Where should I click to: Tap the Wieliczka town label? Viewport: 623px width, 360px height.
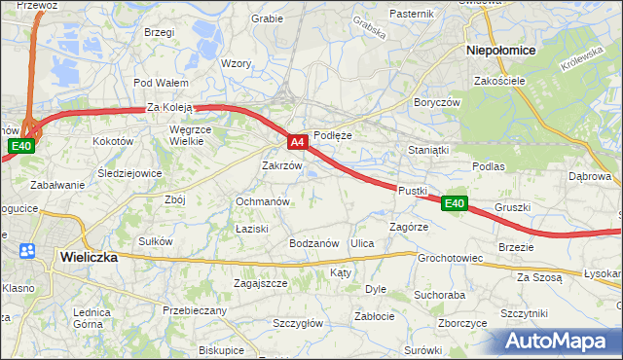[89, 258]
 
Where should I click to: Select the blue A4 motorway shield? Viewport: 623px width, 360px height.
[299, 142]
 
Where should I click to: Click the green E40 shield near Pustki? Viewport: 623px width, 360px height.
[454, 203]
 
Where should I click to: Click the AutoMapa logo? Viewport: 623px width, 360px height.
[557, 342]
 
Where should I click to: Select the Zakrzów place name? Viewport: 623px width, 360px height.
[282, 165]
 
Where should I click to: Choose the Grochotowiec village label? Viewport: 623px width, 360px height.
[451, 259]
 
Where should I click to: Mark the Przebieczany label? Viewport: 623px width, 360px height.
[195, 310]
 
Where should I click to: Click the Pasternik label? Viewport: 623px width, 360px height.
[411, 14]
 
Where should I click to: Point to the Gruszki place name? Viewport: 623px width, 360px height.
[512, 207]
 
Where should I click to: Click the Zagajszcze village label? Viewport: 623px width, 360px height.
[260, 283]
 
